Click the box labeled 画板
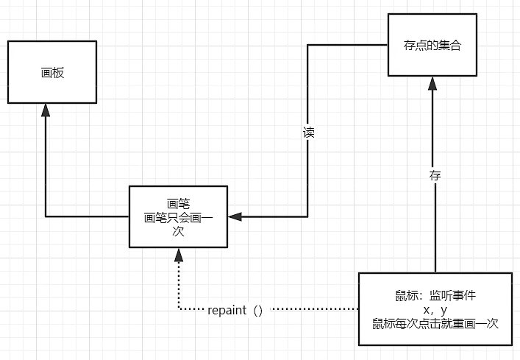coord(52,71)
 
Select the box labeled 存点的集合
coord(432,46)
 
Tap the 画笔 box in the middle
coord(177,216)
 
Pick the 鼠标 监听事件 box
coord(435,308)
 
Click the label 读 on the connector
coord(309,134)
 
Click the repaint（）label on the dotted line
coord(235,309)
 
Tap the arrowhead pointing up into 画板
coord(46,109)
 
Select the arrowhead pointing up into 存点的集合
coord(433,82)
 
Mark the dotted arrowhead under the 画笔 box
coord(177,254)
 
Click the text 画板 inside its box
coord(52,72)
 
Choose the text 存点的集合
coord(432,46)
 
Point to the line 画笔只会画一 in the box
coord(177,217)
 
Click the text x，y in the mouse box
coord(435,308)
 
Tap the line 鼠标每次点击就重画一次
coord(435,322)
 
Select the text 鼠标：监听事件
coord(435,296)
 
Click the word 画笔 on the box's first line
coord(177,204)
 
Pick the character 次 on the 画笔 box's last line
coord(177,230)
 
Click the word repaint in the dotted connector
coord(227,309)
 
